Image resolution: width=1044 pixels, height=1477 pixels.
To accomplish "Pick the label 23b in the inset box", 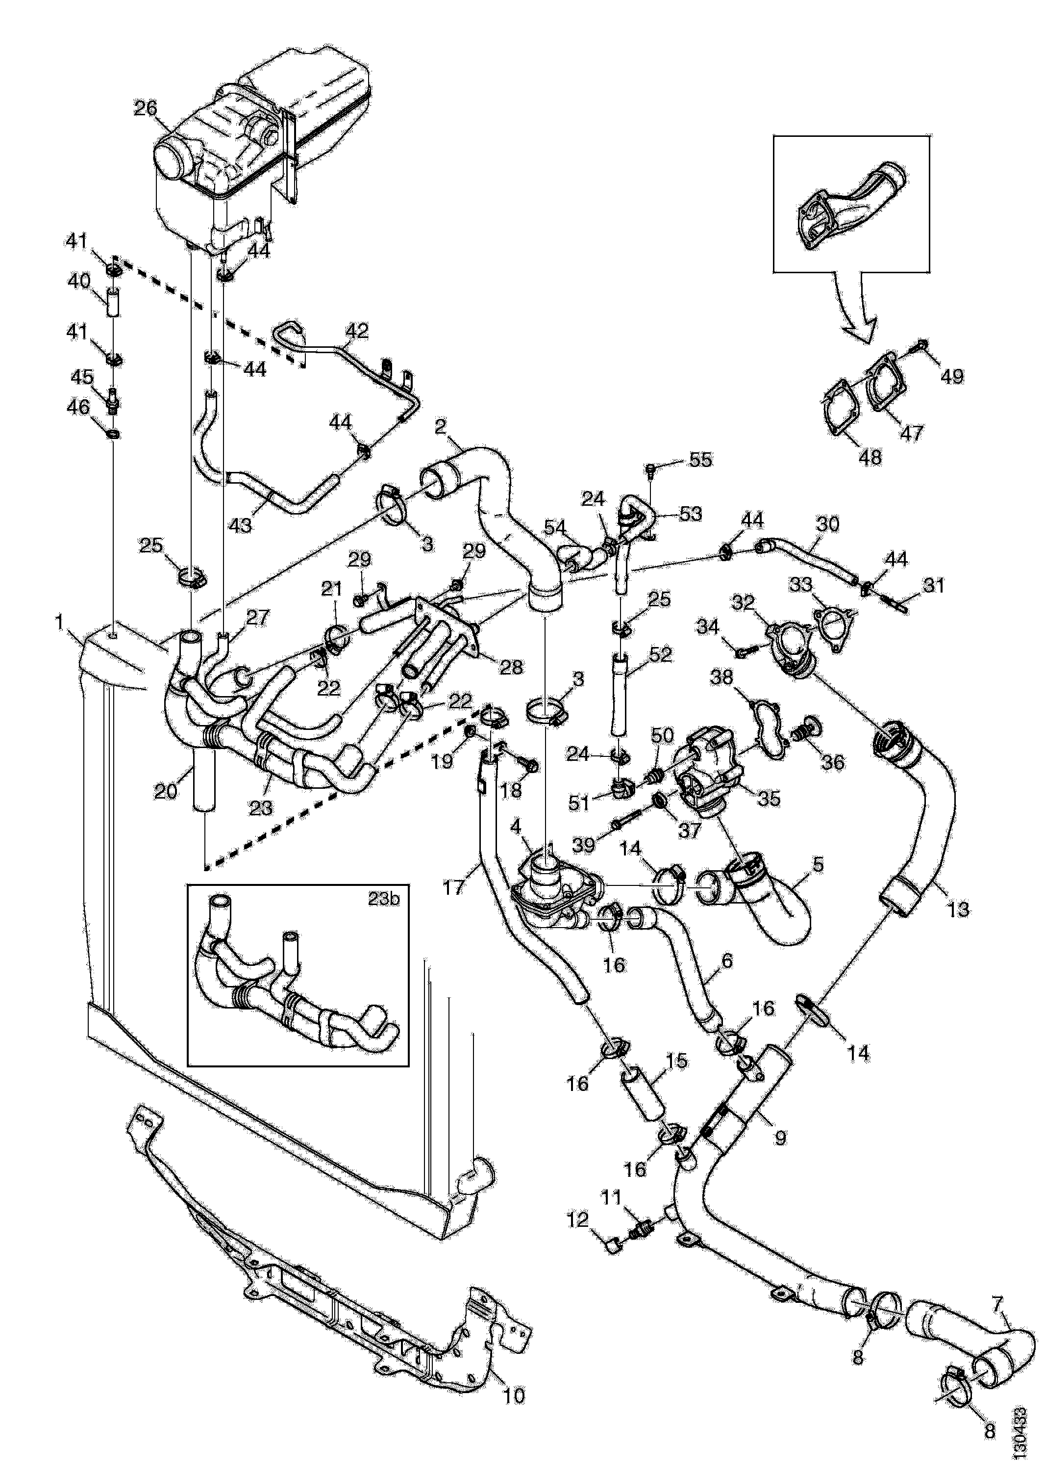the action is [x=383, y=899].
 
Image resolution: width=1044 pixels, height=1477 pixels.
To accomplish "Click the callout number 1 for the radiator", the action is [x=60, y=622].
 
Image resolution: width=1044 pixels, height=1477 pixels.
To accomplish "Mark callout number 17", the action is [x=454, y=888].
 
